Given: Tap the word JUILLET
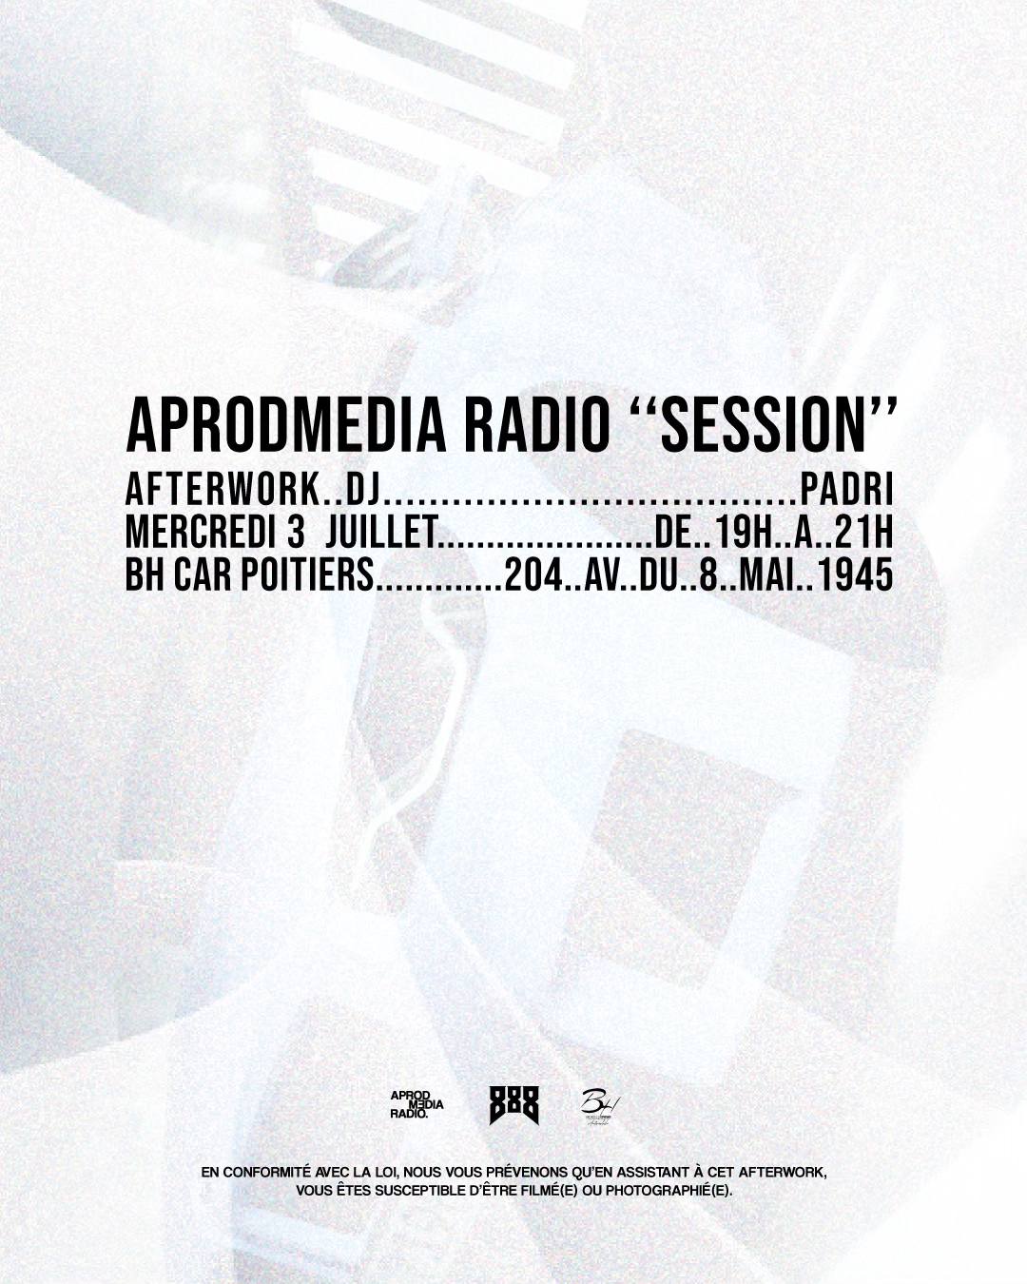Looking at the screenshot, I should tap(381, 534).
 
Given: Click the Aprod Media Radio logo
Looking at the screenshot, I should tap(417, 1105).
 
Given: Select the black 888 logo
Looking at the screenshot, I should tap(513, 1105).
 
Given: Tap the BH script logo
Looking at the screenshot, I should tap(601, 1105).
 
